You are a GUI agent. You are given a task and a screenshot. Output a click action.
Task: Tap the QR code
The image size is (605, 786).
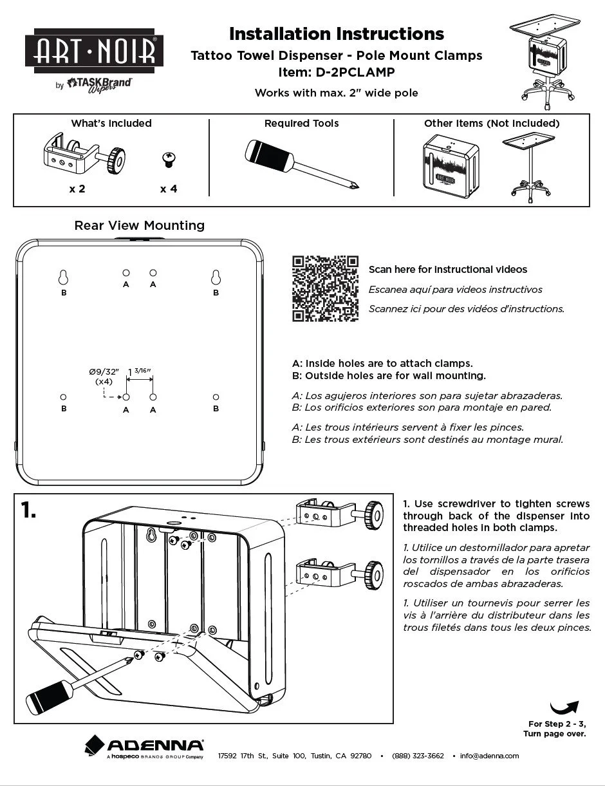pos(326,288)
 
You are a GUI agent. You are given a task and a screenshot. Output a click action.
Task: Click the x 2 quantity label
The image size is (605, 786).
pos(77,189)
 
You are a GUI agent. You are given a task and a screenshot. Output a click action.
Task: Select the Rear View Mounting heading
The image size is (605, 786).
pos(140,225)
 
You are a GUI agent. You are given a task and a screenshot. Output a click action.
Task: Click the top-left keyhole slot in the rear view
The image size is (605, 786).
pos(63,277)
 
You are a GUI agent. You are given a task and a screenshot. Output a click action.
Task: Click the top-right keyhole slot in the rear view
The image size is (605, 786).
pos(216,277)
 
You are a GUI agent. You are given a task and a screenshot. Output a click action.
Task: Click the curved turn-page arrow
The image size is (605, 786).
pos(564,708)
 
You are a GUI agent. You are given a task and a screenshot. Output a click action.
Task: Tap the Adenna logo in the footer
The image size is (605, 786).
pos(145,747)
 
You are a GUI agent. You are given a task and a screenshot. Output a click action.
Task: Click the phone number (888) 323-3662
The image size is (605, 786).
pos(418,756)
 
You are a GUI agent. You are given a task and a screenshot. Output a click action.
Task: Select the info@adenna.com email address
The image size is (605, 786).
pos(489,756)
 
